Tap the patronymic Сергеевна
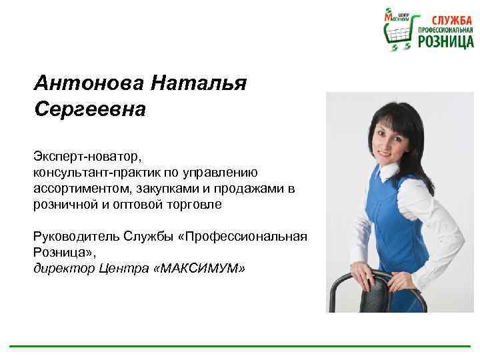tap(89, 109)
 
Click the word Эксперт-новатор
tap(87, 156)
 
